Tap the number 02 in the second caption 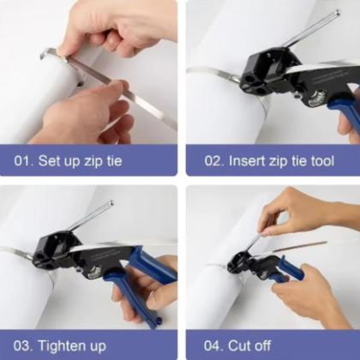point(208,159)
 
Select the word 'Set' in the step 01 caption point(54,159)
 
